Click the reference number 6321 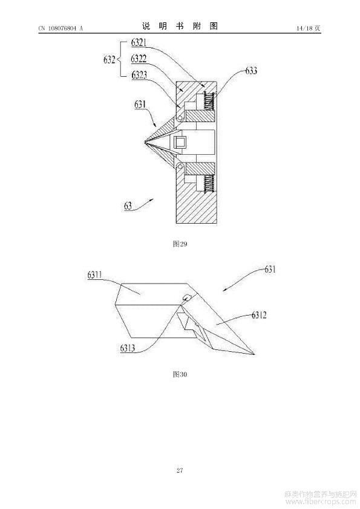pyautogui.click(x=139, y=42)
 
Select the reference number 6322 pyautogui.click(x=139, y=59)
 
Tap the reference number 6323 pyautogui.click(x=139, y=75)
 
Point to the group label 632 pyautogui.click(x=110, y=60)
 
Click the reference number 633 pyautogui.click(x=251, y=71)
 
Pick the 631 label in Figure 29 pyautogui.click(x=140, y=105)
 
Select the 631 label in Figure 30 pyautogui.click(x=270, y=269)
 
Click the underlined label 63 pyautogui.click(x=128, y=206)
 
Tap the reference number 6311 pyautogui.click(x=94, y=275)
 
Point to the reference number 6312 pyautogui.click(x=260, y=315)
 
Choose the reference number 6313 pyautogui.click(x=128, y=348)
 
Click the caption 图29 pyautogui.click(x=180, y=244)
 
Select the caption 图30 pyautogui.click(x=180, y=374)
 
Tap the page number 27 pyautogui.click(x=180, y=470)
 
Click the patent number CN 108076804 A pyautogui.click(x=61, y=28)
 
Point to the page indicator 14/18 pyautogui.click(x=304, y=28)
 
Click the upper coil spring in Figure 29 pyautogui.click(x=209, y=102)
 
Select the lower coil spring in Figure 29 pyautogui.click(x=209, y=184)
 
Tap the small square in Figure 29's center pyautogui.click(x=180, y=142)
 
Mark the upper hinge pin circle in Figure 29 pyautogui.click(x=180, y=117)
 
